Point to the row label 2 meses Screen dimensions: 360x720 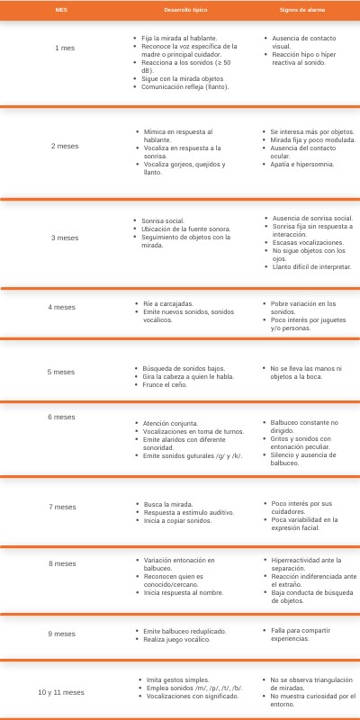66,145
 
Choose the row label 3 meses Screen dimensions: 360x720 66,238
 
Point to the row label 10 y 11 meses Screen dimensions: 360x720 61,692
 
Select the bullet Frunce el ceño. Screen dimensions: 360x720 166,385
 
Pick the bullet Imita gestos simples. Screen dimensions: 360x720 178,679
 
